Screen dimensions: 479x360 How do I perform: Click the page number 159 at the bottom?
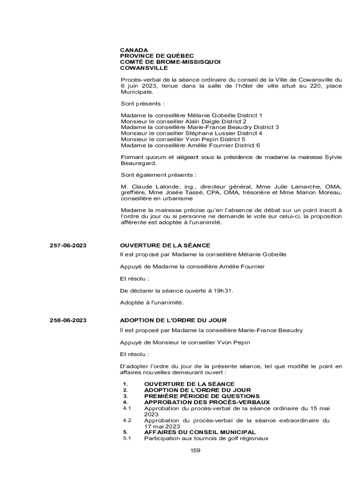pyautogui.click(x=195, y=450)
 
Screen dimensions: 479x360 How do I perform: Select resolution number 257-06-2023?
pyautogui.click(x=68, y=246)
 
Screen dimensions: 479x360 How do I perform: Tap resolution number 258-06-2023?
pyautogui.click(x=68, y=320)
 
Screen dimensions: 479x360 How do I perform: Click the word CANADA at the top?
pyautogui.click(x=134, y=50)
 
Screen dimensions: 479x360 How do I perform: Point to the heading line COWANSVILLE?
pyautogui.click(x=144, y=68)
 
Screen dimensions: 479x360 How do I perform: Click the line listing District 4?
pyautogui.click(x=191, y=133)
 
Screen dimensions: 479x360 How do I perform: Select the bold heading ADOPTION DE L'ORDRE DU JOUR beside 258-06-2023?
pyautogui.click(x=173, y=320)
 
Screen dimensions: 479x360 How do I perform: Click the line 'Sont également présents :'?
pyautogui.click(x=158, y=175)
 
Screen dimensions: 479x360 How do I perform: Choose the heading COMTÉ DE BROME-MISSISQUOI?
pyautogui.click(x=170, y=62)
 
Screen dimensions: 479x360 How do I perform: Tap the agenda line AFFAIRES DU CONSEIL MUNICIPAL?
pyautogui.click(x=200, y=432)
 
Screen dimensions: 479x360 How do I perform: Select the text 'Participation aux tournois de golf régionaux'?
pyautogui.click(x=206, y=438)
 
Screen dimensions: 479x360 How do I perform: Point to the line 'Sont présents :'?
pyautogui.click(x=143, y=103)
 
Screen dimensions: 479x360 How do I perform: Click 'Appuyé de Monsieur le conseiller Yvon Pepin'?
pyautogui.click(x=185, y=342)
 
